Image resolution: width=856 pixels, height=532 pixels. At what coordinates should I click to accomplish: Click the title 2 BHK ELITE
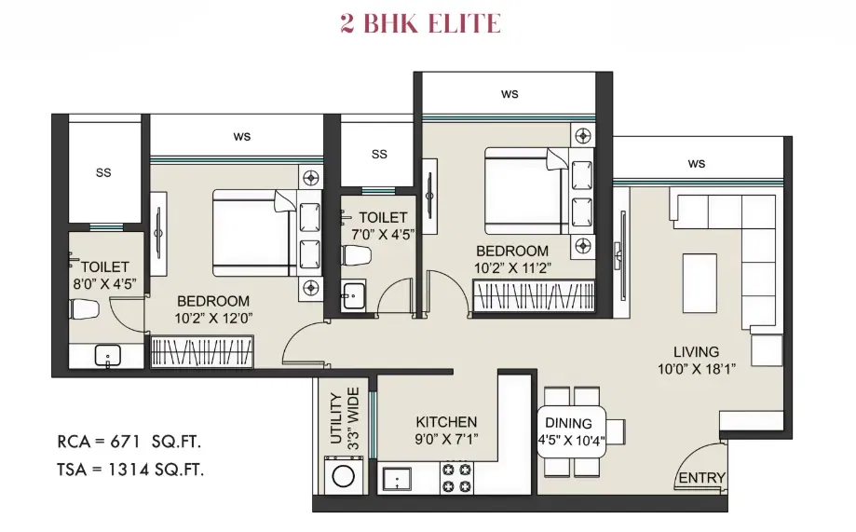click(x=420, y=23)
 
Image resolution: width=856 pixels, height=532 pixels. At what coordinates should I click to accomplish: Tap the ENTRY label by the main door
click(x=701, y=478)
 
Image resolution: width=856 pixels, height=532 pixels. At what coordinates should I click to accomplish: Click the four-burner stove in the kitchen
click(x=456, y=477)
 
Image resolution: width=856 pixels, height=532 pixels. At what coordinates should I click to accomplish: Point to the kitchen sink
click(x=397, y=479)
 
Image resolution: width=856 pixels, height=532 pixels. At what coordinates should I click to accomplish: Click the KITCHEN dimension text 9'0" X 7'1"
click(x=446, y=439)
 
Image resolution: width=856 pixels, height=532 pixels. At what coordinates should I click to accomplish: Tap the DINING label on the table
click(x=568, y=423)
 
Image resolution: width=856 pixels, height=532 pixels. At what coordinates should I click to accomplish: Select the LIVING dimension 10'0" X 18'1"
click(x=696, y=369)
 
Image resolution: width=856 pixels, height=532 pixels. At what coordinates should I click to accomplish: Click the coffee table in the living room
click(x=700, y=283)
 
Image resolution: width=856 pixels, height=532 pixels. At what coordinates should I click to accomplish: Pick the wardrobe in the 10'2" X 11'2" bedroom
click(x=534, y=296)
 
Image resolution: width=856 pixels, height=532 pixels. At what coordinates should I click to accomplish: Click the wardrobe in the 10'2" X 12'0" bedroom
click(x=202, y=350)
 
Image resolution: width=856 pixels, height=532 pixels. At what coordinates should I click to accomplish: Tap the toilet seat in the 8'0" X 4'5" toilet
click(x=84, y=309)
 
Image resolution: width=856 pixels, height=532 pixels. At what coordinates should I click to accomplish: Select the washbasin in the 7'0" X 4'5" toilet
click(x=353, y=296)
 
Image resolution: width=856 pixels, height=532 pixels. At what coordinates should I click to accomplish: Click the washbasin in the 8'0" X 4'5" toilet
click(x=107, y=356)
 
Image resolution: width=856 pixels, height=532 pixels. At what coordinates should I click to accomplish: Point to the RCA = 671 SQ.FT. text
click(x=129, y=442)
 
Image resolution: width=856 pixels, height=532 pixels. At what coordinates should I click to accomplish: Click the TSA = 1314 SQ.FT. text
click(x=129, y=470)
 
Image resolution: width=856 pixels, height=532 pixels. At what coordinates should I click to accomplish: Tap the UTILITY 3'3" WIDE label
click(x=345, y=418)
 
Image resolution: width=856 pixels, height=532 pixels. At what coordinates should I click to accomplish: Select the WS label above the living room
click(x=696, y=163)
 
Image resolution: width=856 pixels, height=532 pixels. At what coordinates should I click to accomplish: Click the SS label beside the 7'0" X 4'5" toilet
click(x=379, y=154)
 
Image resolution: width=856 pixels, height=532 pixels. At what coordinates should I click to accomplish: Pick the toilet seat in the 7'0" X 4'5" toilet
click(x=357, y=255)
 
